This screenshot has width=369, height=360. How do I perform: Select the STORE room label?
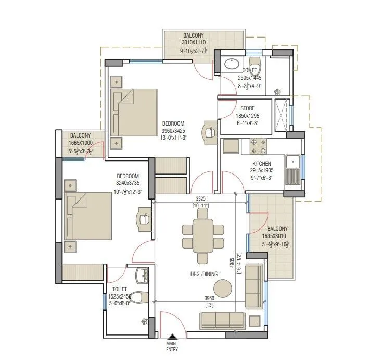pos(247,108)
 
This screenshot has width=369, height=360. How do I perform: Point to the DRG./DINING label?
pos(204,274)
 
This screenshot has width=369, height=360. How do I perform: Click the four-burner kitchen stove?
pos(255,146)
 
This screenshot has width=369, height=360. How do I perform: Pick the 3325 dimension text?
pos(200,198)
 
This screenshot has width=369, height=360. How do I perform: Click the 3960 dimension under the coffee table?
pos(210,299)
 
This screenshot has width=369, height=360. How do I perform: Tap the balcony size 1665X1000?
pos(81,143)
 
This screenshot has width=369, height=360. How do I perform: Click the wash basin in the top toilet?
pos(231,65)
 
